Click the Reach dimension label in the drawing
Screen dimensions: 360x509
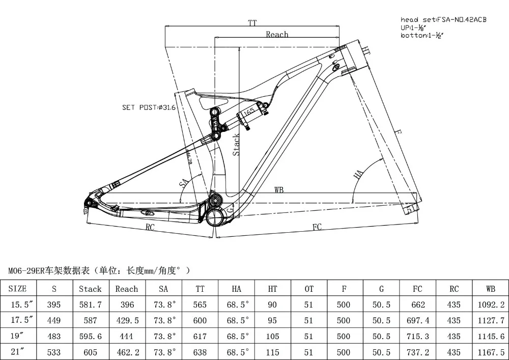[x=277, y=34]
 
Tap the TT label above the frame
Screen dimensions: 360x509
[x=252, y=23]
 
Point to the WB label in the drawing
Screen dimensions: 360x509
[x=279, y=190]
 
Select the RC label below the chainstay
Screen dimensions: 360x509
[x=150, y=227]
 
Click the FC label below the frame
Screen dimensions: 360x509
[x=317, y=227]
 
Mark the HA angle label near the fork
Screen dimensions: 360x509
[x=359, y=175]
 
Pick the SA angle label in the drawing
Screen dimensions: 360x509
[x=183, y=184]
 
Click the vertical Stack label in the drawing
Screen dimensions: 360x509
[x=236, y=145]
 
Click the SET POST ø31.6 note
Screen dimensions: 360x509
[x=149, y=107]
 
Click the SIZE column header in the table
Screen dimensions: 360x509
[x=18, y=288]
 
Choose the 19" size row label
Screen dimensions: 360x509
[x=18, y=337]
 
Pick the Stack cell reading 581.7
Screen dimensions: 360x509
[x=90, y=304]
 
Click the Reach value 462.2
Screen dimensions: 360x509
[x=127, y=352]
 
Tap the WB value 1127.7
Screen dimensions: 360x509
[x=491, y=320]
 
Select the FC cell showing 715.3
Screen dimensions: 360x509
[x=417, y=337]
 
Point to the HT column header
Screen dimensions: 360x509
[x=273, y=288]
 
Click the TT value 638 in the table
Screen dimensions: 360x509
[x=200, y=352]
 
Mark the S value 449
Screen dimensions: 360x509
[x=53, y=320]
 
